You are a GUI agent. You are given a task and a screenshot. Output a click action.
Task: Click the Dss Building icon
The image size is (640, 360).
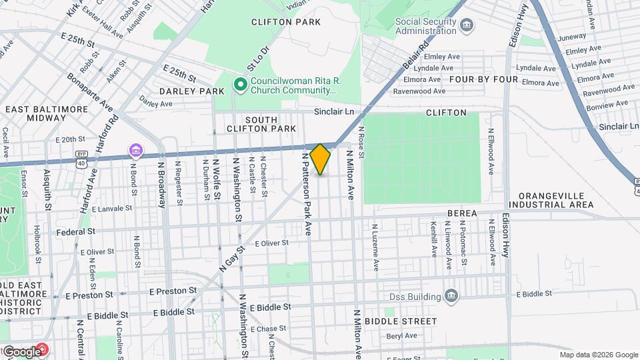click(x=451, y=295)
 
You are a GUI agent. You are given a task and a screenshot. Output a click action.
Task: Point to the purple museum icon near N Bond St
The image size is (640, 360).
click(x=135, y=150)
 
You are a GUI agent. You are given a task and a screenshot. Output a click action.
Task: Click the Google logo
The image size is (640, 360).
click(x=21, y=351)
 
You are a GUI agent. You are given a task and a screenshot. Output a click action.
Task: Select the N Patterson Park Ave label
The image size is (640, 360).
click(x=307, y=193)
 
